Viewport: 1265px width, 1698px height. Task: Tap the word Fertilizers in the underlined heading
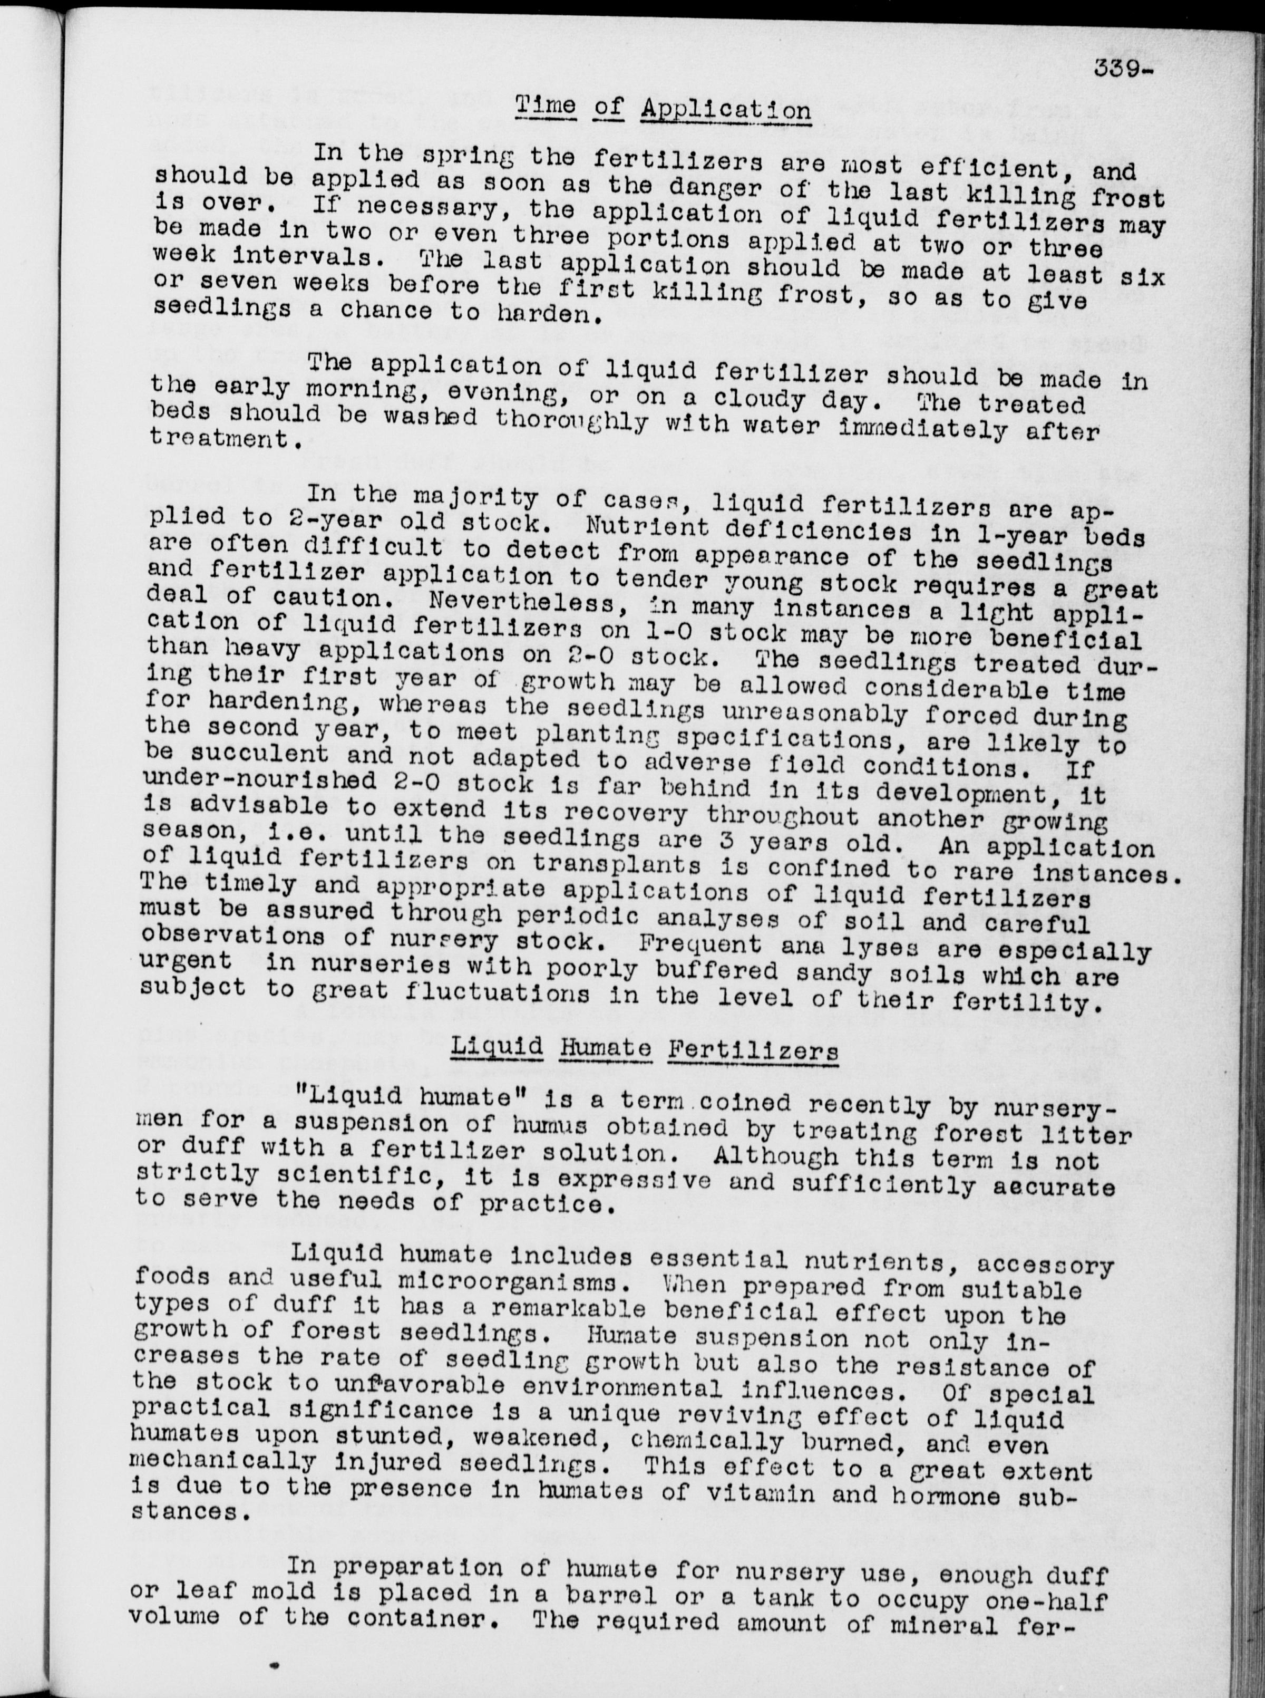[752, 1051]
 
